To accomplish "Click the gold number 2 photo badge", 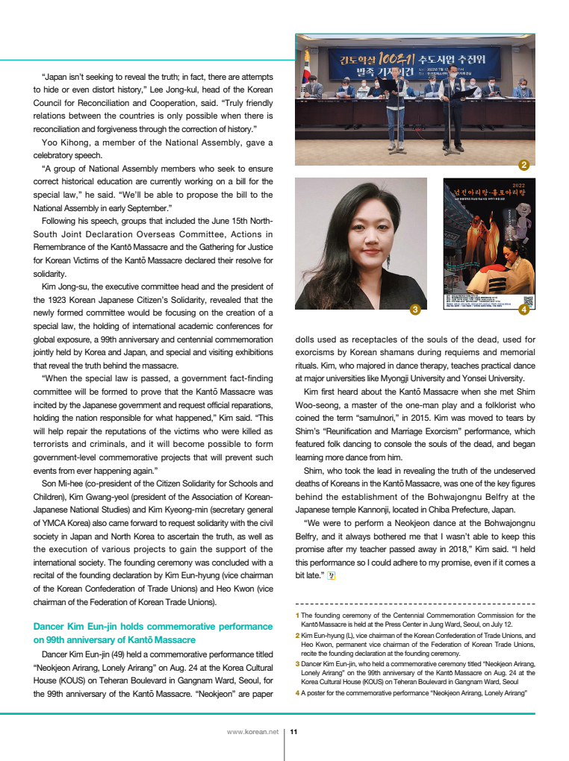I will [523, 165].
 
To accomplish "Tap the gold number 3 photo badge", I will [416, 309].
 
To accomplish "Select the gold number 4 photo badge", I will [523, 309].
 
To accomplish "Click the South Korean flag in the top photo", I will [305, 78].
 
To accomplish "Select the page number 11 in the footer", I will [293, 733].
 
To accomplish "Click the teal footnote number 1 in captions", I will [297, 616].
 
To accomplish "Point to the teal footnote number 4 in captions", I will [297, 693].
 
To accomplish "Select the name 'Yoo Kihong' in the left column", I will [61, 143].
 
